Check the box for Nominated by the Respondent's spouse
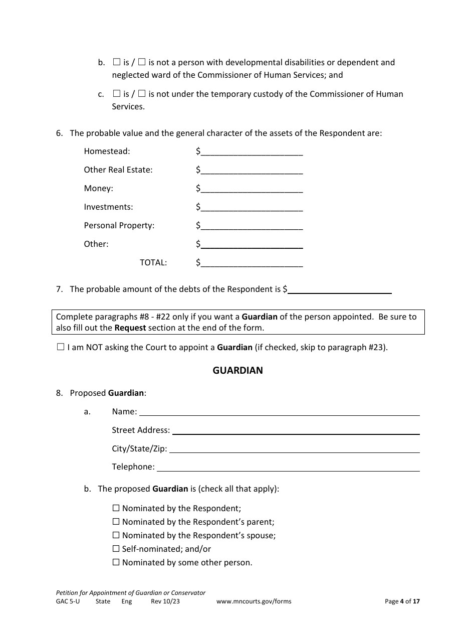(x=116, y=535)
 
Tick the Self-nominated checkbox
(x=116, y=549)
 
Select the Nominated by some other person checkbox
(x=116, y=562)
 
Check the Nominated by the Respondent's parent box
(x=116, y=522)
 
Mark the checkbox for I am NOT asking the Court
(x=61, y=347)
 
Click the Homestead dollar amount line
(x=252, y=151)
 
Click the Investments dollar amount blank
(x=252, y=207)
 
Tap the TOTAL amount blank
(x=252, y=263)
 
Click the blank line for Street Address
(x=296, y=430)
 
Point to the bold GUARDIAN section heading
(x=237, y=371)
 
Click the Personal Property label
(x=119, y=226)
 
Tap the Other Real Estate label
(x=118, y=170)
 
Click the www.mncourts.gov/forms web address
(x=254, y=601)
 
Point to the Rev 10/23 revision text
(x=165, y=601)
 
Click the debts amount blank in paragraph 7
(x=339, y=289)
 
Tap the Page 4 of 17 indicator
(x=402, y=601)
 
